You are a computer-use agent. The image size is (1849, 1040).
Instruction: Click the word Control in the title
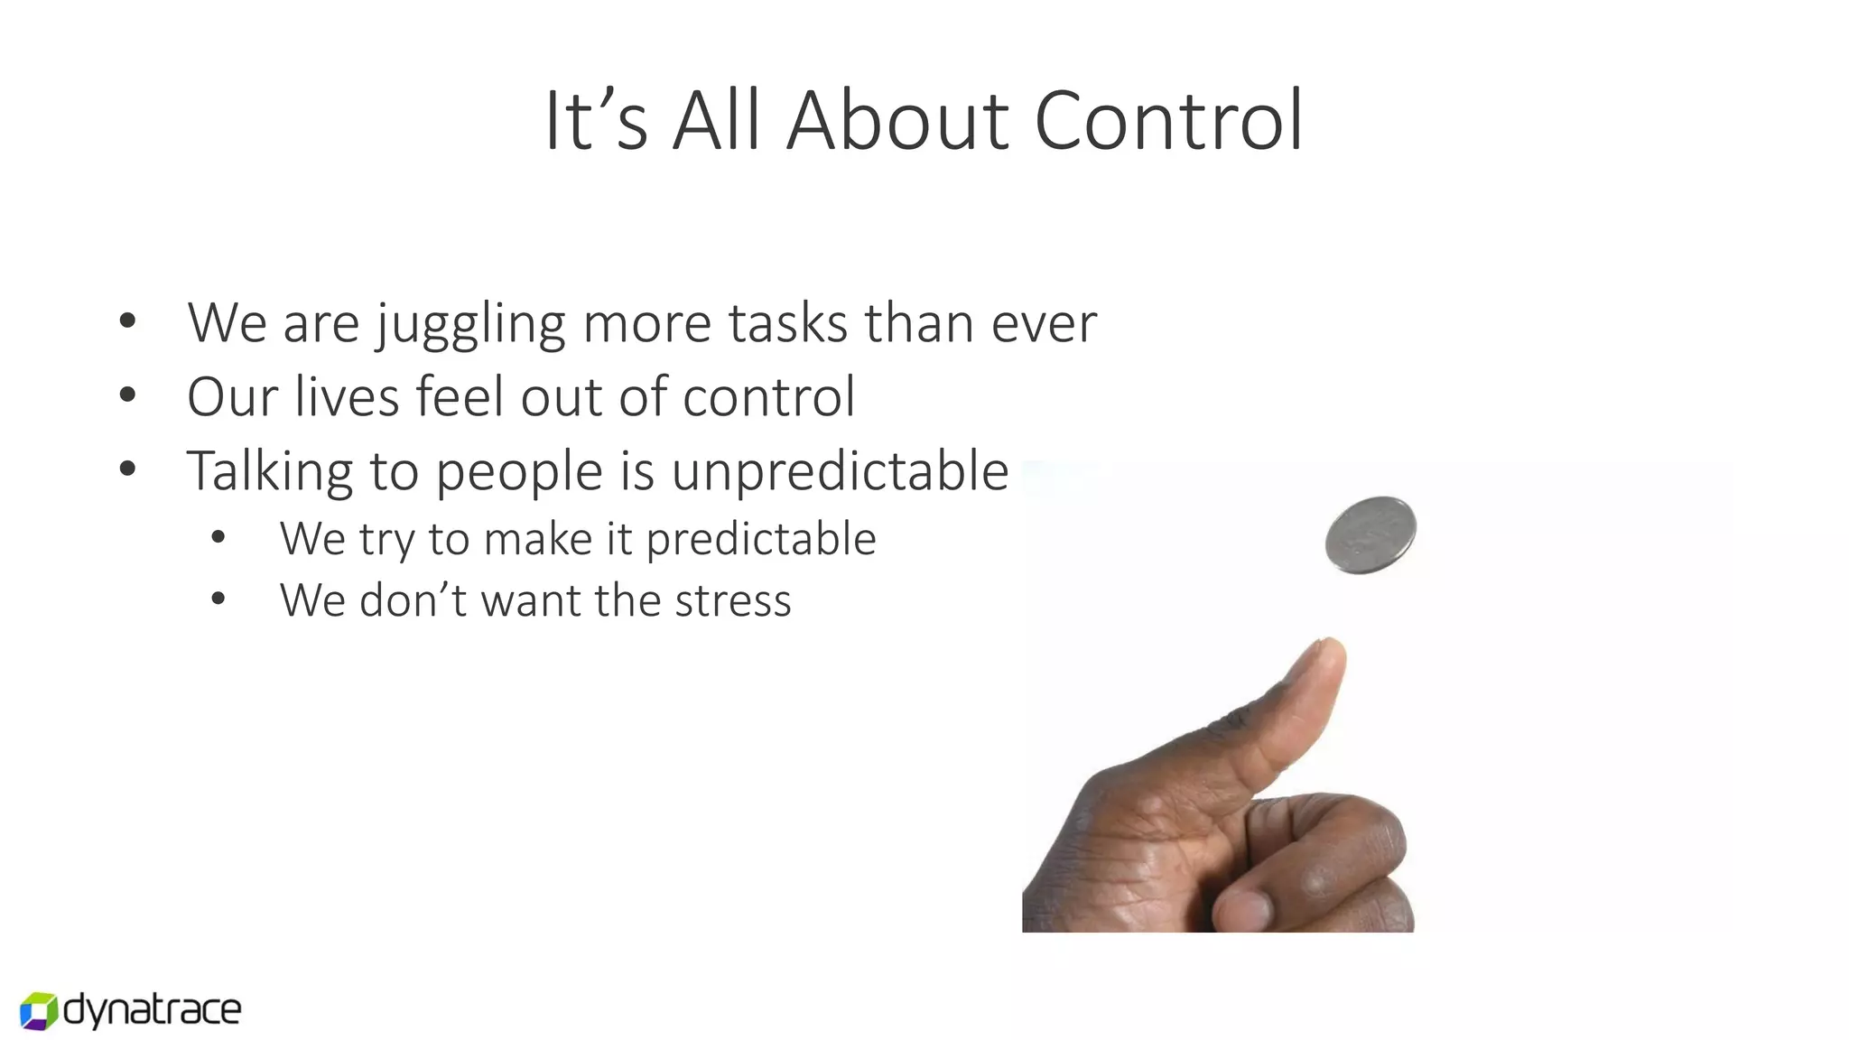pyautogui.click(x=1168, y=121)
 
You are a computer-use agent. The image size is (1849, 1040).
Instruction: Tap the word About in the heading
pyautogui.click(x=897, y=121)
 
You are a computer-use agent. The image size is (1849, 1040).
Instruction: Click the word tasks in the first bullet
pyautogui.click(x=787, y=323)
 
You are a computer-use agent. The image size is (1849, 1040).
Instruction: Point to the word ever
pyautogui.click(x=1044, y=323)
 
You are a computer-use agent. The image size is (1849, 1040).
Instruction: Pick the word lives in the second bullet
pyautogui.click(x=347, y=396)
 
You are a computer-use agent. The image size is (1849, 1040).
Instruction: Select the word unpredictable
pyautogui.click(x=840, y=472)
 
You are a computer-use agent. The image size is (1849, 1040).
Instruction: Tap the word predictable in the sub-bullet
pyautogui.click(x=761, y=540)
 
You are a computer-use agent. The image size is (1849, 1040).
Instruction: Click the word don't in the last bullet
pyautogui.click(x=412, y=601)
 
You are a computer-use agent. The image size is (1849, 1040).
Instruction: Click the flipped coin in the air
pyautogui.click(x=1370, y=534)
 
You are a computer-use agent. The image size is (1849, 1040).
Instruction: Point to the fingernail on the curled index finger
pyautogui.click(x=1247, y=906)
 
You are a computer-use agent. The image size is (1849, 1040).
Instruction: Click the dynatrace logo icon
pyautogui.click(x=39, y=1010)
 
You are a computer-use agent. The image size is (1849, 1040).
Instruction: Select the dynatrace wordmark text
pyautogui.click(x=153, y=1010)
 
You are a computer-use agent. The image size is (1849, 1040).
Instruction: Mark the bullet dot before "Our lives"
pyautogui.click(x=127, y=395)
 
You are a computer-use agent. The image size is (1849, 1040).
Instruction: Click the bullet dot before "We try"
pyautogui.click(x=218, y=538)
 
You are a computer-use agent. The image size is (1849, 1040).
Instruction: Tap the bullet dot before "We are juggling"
pyautogui.click(x=127, y=320)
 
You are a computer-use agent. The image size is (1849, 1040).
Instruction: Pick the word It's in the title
pyautogui.click(x=596, y=121)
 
